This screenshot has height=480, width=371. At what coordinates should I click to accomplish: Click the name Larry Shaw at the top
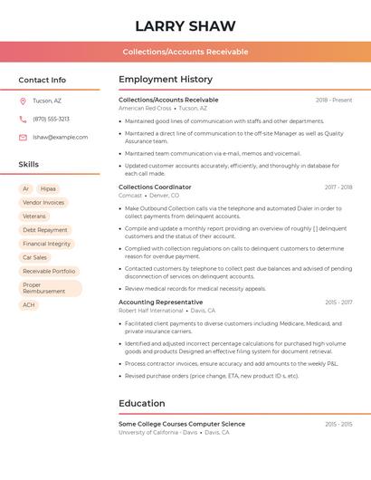(185, 26)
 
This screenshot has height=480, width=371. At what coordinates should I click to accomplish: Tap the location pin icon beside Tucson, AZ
(23, 101)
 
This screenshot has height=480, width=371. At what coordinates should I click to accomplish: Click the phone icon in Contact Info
(23, 119)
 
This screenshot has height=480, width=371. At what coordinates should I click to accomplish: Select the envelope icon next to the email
(23, 137)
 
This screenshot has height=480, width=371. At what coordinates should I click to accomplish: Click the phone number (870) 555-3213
(51, 119)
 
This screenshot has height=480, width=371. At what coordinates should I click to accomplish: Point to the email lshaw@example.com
(60, 137)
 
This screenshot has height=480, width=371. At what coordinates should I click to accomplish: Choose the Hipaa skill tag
(48, 189)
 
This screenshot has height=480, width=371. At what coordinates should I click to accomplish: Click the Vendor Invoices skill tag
(43, 203)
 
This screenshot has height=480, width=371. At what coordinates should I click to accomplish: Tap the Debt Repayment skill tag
(45, 230)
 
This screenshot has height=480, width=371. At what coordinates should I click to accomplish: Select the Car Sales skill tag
(34, 257)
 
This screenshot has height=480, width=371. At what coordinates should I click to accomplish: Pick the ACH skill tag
(29, 305)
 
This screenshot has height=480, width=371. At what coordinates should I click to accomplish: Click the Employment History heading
(166, 80)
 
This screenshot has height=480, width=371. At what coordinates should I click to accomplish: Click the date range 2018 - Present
(334, 100)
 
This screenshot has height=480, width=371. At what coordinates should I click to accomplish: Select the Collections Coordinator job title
(155, 187)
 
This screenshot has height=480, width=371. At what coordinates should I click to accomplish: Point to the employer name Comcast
(130, 196)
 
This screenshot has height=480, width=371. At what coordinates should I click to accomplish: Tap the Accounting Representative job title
(160, 302)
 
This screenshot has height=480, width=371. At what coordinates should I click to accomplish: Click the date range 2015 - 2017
(338, 302)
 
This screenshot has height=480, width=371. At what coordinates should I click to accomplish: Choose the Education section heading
(142, 404)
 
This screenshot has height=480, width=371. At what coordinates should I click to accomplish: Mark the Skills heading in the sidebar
(29, 165)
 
